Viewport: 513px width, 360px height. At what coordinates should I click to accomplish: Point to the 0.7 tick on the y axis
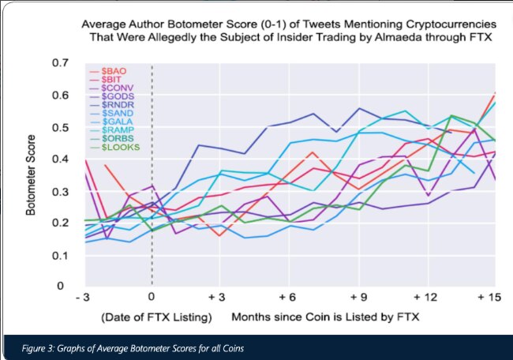(x=58, y=62)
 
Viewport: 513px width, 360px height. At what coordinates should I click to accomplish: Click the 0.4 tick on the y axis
(x=58, y=159)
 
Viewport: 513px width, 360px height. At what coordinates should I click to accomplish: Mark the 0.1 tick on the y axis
(x=58, y=255)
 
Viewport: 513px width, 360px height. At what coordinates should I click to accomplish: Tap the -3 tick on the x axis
(x=81, y=298)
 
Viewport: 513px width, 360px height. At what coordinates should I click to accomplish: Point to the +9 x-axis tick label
(x=357, y=298)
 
